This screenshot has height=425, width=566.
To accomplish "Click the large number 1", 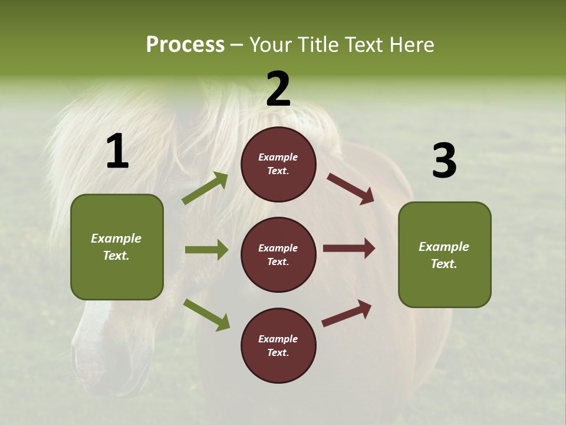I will coord(117,152).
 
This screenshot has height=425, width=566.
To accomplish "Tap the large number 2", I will coord(278,89).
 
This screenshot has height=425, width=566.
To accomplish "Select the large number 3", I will coord(444,161).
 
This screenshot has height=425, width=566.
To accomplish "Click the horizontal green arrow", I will coord(206,250).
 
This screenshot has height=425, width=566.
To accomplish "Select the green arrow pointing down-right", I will coord(206,314).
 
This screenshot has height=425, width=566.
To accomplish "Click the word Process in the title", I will coord(185,44).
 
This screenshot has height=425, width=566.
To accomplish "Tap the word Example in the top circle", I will coord(278,157).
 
